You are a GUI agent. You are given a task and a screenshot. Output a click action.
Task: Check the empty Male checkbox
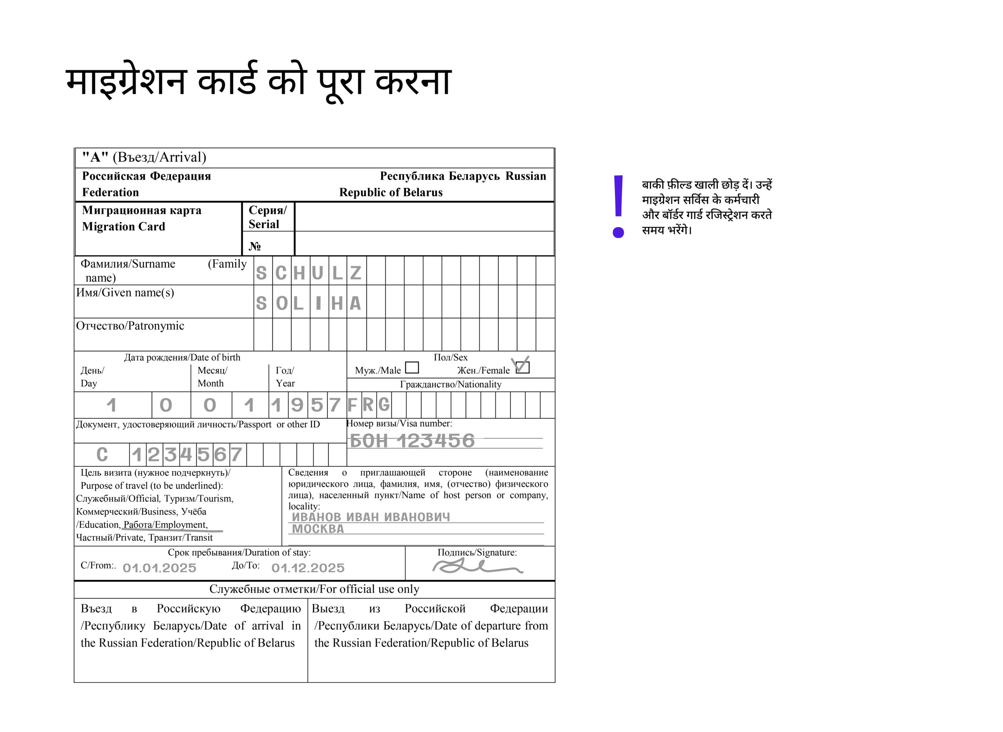[412, 367]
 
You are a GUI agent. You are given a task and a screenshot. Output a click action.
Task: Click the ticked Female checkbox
[523, 367]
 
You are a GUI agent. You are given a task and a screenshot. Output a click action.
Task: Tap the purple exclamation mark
[618, 206]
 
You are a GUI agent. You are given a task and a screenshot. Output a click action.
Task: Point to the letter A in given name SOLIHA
[355, 304]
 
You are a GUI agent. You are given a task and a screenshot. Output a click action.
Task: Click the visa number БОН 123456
[412, 441]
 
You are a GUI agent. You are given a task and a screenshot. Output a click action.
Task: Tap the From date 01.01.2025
[159, 568]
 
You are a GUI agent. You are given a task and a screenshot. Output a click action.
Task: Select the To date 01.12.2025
[308, 568]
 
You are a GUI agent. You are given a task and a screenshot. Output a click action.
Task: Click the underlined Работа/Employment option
[165, 525]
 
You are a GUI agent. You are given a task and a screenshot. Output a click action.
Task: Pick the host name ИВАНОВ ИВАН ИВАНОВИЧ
[371, 517]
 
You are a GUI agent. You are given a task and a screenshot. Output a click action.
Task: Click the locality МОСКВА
[318, 529]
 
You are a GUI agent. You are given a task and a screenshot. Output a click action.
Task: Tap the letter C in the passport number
[102, 455]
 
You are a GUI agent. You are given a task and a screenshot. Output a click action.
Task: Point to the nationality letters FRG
[368, 405]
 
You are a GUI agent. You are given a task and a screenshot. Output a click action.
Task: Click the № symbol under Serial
[254, 246]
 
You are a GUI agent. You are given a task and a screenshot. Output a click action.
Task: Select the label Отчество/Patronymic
[130, 326]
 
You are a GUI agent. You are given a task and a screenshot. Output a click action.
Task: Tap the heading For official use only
[314, 589]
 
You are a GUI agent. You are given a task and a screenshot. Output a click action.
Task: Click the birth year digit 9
[297, 405]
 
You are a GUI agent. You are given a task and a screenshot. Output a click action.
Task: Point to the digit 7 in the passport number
[236, 455]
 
